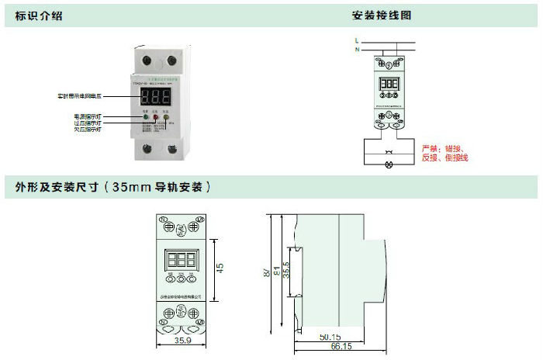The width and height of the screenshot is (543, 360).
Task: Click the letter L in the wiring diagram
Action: point(356,40)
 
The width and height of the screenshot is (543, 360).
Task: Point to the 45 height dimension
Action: point(220,268)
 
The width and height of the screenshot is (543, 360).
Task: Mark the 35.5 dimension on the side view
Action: point(287,270)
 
